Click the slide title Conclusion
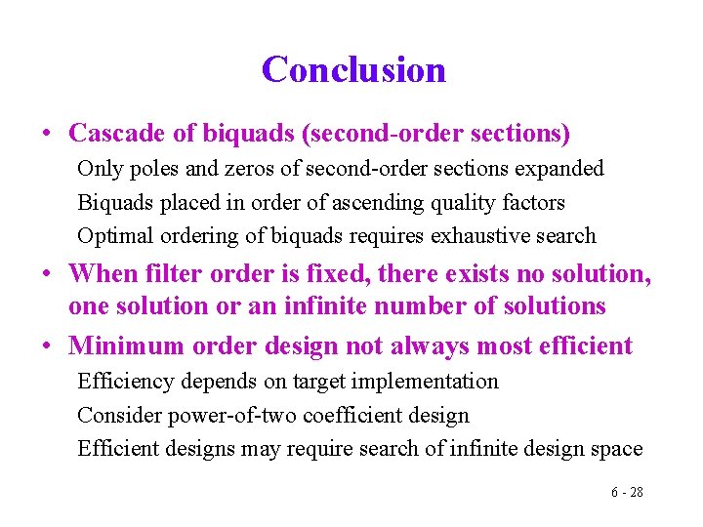(353, 69)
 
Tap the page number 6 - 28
(627, 492)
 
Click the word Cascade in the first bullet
(108, 132)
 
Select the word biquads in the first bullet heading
(216, 132)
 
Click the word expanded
(561, 169)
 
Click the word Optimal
(109, 236)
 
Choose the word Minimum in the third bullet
(116, 345)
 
